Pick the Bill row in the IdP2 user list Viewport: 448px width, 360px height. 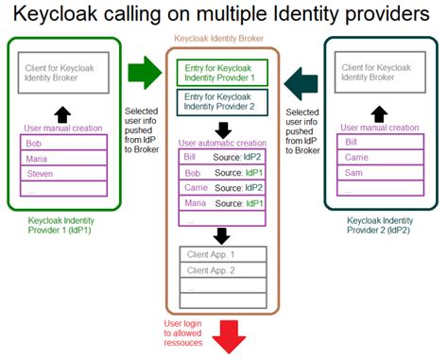click(x=377, y=142)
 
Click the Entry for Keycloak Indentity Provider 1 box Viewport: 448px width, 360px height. click(x=223, y=72)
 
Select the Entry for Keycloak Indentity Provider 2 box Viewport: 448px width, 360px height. click(x=223, y=101)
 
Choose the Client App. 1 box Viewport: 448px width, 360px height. click(x=223, y=254)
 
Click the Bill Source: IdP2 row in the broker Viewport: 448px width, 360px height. click(x=223, y=157)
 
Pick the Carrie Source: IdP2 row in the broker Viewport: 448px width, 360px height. click(x=223, y=187)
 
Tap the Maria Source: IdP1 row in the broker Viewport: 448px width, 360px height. click(x=223, y=202)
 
